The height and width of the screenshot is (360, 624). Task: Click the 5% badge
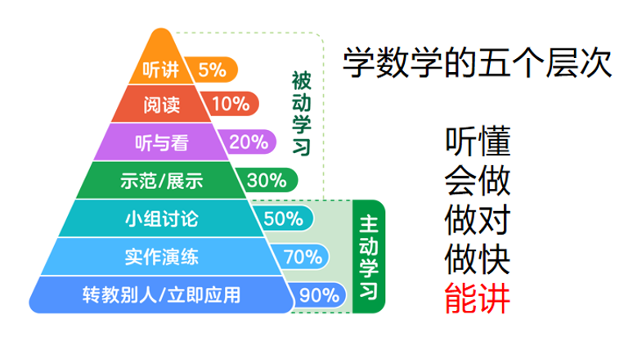coord(213,70)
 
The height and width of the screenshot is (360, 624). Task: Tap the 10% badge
coord(231,104)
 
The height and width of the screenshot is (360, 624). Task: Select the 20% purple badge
coord(249,142)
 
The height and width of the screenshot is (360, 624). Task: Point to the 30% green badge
coord(267,180)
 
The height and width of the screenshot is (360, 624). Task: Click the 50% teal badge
coord(283,218)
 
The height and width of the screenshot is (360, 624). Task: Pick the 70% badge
coord(302,256)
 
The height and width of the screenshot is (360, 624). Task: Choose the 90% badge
coord(318,295)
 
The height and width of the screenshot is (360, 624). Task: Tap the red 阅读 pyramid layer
coord(161,105)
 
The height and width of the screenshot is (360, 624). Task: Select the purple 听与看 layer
coord(161,142)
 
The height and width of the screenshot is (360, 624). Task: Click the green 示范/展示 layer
coord(161,180)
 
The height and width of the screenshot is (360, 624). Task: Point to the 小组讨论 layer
coord(161,218)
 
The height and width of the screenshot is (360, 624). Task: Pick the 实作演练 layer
coord(161,257)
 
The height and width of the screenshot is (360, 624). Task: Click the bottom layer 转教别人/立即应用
coord(161,295)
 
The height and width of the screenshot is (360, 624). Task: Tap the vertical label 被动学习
coord(301,114)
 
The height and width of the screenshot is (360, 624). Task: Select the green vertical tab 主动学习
coord(369,257)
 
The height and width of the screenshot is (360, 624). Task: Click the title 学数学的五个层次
coord(477,62)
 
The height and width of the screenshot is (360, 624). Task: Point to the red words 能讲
coord(477,299)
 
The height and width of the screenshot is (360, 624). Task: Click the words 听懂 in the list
coord(477,141)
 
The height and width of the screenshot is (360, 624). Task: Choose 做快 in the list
coord(477,259)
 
